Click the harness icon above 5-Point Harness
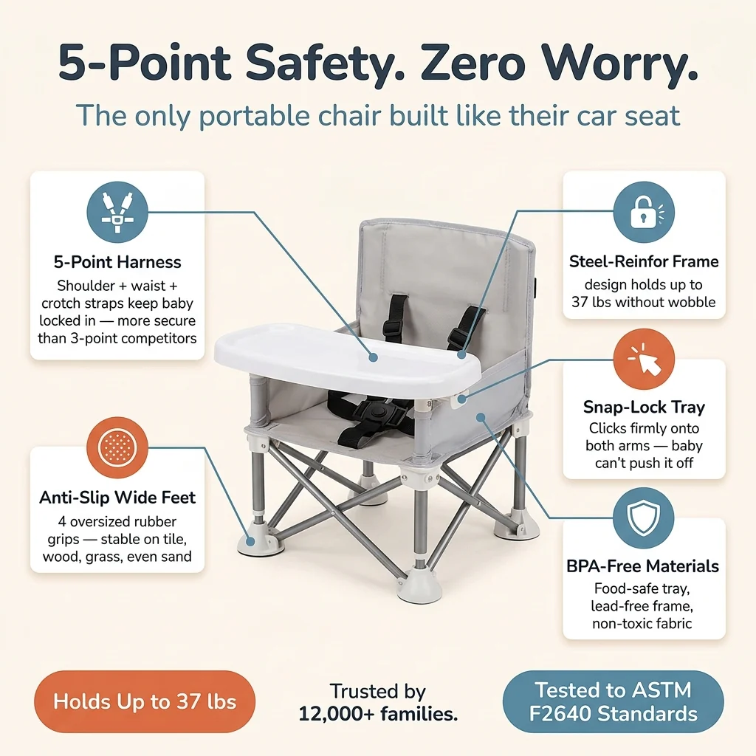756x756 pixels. [x=117, y=212]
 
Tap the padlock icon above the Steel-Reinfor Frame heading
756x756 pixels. [x=644, y=212]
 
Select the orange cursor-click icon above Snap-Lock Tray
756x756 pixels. [x=644, y=360]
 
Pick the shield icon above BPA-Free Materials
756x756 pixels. [x=644, y=518]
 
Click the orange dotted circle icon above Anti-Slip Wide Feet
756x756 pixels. [x=117, y=447]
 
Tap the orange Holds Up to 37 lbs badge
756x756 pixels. [x=145, y=701]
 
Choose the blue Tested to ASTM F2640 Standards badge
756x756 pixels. [x=613, y=701]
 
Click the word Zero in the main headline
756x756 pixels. [x=472, y=63]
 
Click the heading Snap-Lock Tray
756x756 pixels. [x=644, y=407]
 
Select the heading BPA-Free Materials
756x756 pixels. [x=643, y=566]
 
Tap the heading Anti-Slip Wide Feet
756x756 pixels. [x=117, y=497]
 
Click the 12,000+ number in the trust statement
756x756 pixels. [x=337, y=714]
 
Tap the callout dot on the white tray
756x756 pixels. [x=373, y=357]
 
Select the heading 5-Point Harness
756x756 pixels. [x=117, y=262]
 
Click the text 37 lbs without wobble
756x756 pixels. [x=644, y=302]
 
